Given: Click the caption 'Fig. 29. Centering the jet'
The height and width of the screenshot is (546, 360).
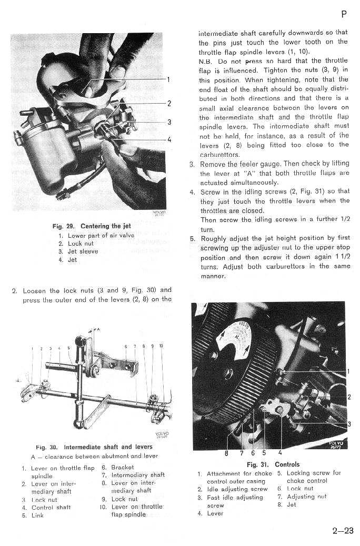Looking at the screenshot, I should click(92, 226).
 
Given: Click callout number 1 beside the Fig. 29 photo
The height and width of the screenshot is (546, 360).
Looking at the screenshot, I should click(169, 80).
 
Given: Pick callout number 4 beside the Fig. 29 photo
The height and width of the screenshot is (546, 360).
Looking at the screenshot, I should click(169, 140).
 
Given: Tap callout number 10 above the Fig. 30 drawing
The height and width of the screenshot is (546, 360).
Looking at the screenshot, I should click(161, 347).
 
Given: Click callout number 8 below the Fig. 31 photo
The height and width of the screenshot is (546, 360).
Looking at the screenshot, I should click(227, 452).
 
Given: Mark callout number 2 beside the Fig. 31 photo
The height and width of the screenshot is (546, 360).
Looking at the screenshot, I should click(348, 397).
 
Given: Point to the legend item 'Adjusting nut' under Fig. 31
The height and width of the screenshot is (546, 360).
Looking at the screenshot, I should click(307, 497).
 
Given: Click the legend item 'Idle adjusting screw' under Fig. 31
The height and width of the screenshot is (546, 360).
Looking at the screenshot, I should click(237, 489).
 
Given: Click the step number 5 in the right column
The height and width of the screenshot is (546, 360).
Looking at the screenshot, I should click(193, 239).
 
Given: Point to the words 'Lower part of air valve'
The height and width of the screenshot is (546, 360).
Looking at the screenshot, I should click(101, 236).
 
